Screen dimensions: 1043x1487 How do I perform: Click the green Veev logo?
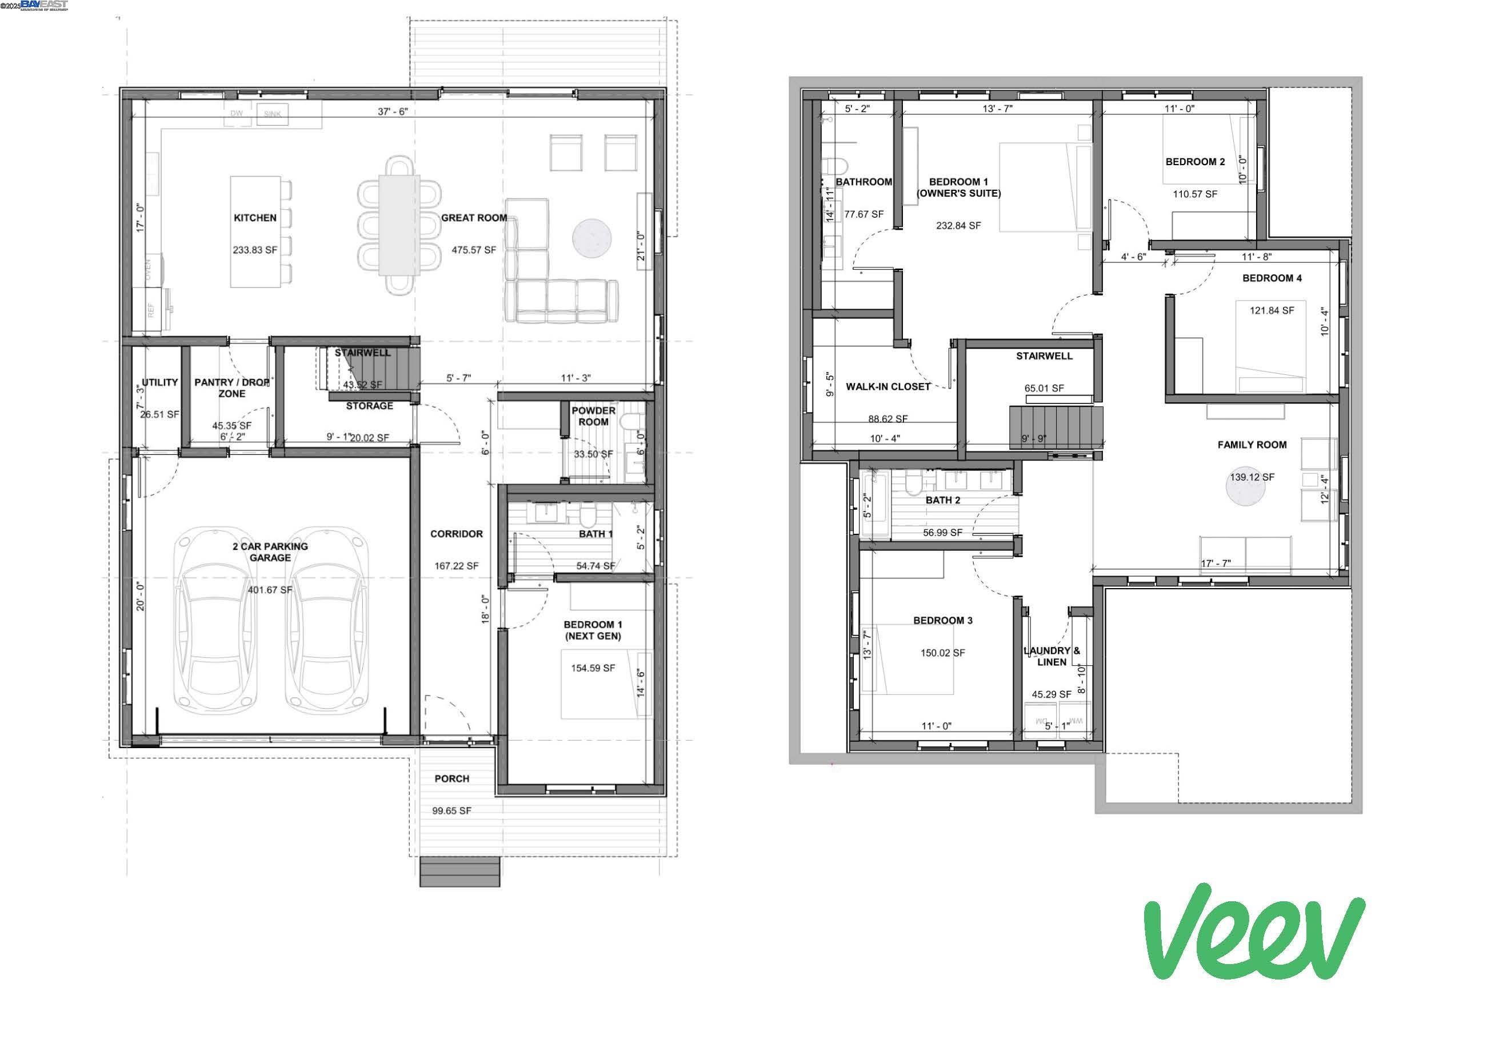point(1253,933)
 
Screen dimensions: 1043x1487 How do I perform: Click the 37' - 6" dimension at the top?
point(393,111)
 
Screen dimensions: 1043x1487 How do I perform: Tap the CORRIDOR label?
point(456,534)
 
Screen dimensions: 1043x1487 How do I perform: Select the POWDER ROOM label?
point(593,416)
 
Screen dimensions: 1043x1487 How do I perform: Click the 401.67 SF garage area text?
point(270,590)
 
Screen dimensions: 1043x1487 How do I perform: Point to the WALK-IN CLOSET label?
point(888,387)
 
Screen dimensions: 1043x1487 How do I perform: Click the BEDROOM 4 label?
point(1272,278)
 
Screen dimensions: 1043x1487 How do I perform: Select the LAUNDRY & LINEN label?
point(1051,656)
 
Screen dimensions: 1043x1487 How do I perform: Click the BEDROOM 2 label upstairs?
point(1195,162)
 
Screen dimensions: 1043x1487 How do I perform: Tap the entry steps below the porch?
point(460,872)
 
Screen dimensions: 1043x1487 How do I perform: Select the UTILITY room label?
point(159,382)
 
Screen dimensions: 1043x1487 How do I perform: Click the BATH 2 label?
point(942,500)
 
